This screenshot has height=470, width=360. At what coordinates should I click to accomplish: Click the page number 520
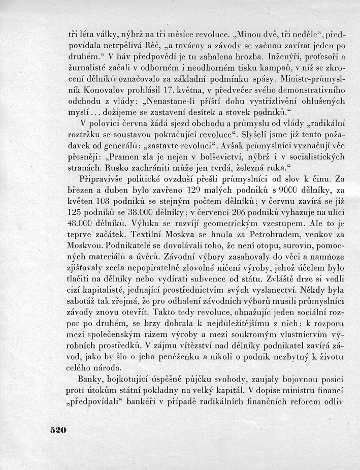click(59, 430)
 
